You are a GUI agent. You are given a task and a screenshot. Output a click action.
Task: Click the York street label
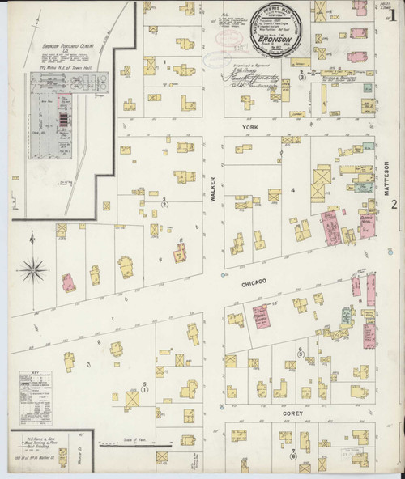(247, 127)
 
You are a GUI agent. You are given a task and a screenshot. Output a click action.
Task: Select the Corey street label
(292, 411)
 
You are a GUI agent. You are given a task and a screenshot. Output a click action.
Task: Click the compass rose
(34, 268)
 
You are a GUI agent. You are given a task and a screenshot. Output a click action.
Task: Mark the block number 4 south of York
(283, 190)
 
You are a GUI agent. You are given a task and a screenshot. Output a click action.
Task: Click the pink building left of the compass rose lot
(68, 282)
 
